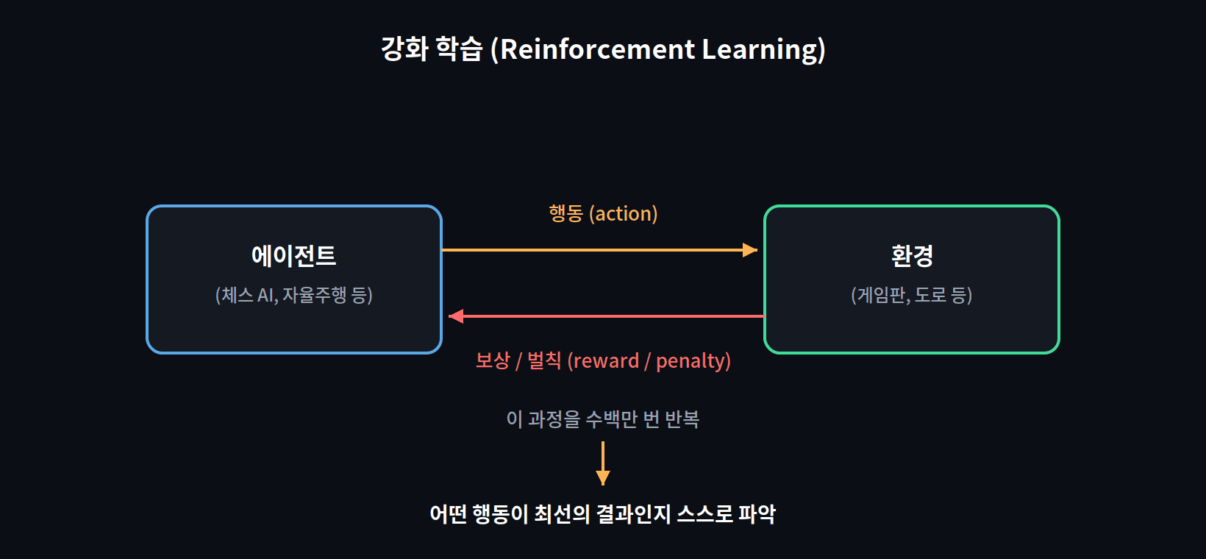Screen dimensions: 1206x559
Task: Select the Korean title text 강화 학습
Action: tap(432, 49)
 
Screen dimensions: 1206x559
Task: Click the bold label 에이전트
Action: tap(294, 256)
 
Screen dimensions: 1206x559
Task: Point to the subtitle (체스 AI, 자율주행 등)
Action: tap(294, 295)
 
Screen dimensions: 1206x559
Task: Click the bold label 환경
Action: tap(912, 256)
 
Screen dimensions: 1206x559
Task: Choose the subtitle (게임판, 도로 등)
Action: tap(912, 295)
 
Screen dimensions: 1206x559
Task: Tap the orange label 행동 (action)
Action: tap(603, 214)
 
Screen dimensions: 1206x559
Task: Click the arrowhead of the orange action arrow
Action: tap(750, 250)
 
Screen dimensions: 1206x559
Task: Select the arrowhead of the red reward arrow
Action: tap(456, 316)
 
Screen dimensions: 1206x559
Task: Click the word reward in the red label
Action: tap(606, 361)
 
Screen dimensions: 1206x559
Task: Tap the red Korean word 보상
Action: tap(493, 361)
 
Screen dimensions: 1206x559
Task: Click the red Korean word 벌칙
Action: tap(544, 361)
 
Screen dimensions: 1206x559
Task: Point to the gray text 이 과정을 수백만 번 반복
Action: tap(603, 419)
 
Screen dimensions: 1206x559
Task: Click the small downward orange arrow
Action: tap(603, 463)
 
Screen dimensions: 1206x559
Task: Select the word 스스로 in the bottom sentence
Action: tap(704, 514)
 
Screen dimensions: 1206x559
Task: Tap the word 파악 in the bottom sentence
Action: tap(757, 514)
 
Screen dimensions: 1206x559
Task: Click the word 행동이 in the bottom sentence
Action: tap(500, 514)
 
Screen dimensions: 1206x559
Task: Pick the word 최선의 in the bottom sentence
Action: tap(562, 514)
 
